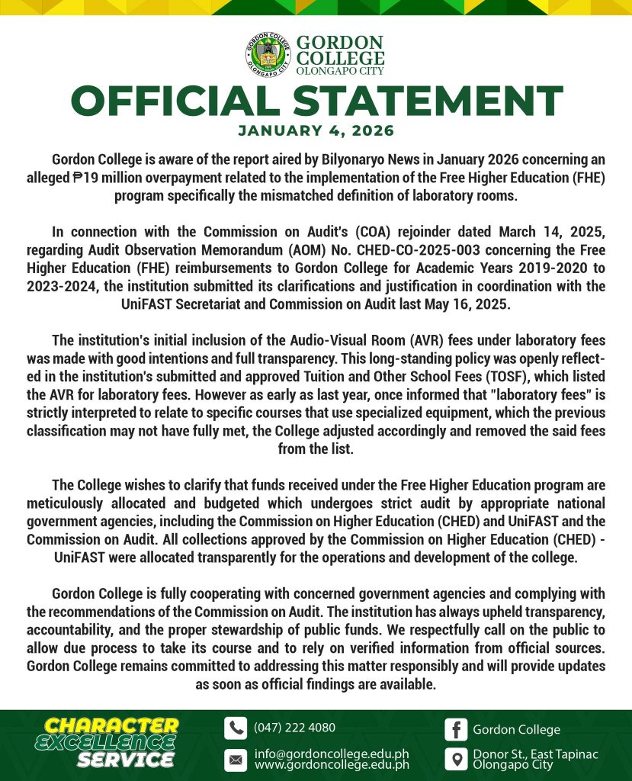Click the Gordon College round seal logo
(268, 55)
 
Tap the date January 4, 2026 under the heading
(316, 130)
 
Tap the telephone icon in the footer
(236, 728)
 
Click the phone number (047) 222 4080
(294, 728)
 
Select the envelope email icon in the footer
(236, 760)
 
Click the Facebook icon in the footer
(456, 729)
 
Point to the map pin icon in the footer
(456, 760)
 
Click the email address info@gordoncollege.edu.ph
(332, 754)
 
